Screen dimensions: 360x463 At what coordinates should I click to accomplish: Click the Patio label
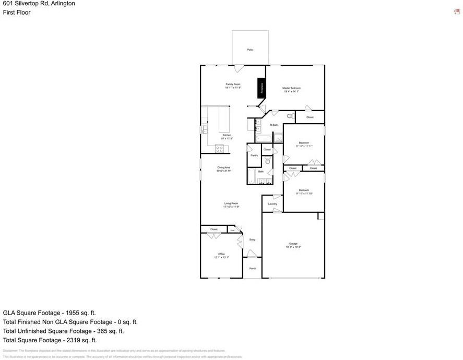(250, 50)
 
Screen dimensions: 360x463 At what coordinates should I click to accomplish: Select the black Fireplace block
(262, 88)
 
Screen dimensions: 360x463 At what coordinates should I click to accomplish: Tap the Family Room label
(233, 84)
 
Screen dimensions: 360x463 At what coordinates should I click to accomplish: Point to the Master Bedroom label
(291, 88)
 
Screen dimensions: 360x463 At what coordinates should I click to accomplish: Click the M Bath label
(274, 125)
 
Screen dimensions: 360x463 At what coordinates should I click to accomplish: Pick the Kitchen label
(227, 135)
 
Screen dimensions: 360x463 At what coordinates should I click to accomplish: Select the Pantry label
(254, 155)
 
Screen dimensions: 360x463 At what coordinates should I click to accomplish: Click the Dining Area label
(224, 167)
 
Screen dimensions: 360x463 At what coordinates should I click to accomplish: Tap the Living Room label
(231, 203)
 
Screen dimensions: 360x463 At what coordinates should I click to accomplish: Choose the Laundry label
(272, 203)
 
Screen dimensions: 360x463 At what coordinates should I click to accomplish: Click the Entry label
(252, 239)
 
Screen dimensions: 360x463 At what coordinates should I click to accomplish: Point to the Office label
(221, 254)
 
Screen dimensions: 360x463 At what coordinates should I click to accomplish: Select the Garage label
(293, 244)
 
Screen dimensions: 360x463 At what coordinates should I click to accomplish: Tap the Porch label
(252, 268)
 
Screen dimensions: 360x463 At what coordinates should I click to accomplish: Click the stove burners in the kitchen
(220, 149)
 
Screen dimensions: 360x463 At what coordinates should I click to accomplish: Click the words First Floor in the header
(17, 13)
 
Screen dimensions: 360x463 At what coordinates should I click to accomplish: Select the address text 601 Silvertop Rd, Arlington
(39, 4)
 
